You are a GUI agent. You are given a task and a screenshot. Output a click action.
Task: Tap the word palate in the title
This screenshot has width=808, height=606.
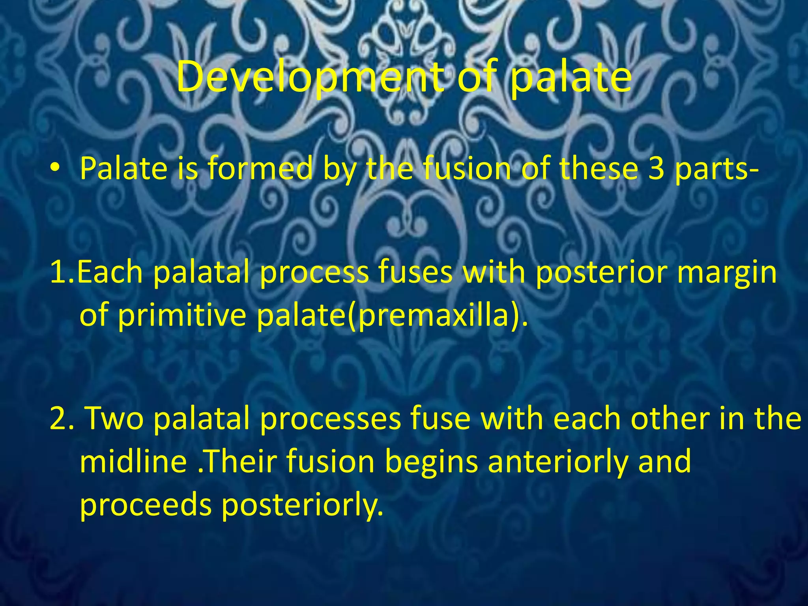click(570, 78)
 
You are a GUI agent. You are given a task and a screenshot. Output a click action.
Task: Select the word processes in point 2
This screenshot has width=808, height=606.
click(331, 419)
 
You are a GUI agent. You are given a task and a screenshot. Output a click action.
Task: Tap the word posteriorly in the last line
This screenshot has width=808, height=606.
click(302, 506)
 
